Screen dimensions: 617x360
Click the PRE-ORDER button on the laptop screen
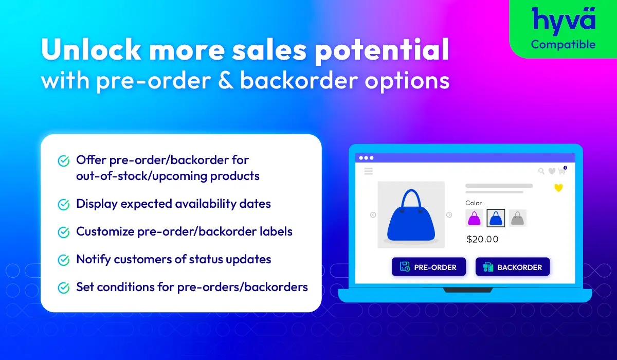pyautogui.click(x=429, y=266)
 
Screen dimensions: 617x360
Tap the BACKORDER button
pyautogui.click(x=513, y=266)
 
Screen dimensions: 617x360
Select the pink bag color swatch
pyautogui.click(x=474, y=218)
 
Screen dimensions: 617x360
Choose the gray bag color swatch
pyautogui.click(x=518, y=218)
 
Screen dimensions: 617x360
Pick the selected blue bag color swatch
pyautogui.click(x=496, y=218)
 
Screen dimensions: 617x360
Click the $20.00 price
pyautogui.click(x=482, y=239)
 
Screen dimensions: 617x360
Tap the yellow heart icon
pyautogui.click(x=558, y=188)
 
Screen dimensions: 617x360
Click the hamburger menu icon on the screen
pyautogui.click(x=369, y=171)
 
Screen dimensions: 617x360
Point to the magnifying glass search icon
pyautogui.click(x=541, y=171)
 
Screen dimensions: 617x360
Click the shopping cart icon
pyautogui.click(x=561, y=171)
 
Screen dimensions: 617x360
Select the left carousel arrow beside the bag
pyautogui.click(x=373, y=215)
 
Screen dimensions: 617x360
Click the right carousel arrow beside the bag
pyautogui.click(x=449, y=215)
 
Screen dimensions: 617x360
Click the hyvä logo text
pyautogui.click(x=564, y=21)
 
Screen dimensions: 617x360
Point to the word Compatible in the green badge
pyautogui.click(x=564, y=45)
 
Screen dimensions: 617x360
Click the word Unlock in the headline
pyautogui.click(x=91, y=49)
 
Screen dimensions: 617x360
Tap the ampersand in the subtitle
pyautogui.click(x=226, y=81)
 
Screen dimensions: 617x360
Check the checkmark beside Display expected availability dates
pyautogui.click(x=64, y=205)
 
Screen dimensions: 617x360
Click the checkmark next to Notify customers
pyautogui.click(x=64, y=260)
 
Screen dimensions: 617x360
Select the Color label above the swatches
pyautogui.click(x=474, y=203)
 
